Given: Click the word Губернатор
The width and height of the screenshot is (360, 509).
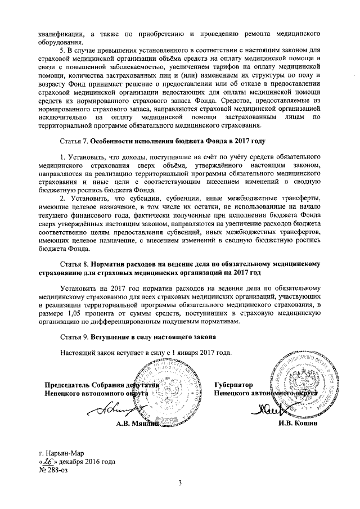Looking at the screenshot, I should point(233,385).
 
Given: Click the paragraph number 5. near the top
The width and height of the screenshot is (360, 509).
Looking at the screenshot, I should point(63,51).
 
